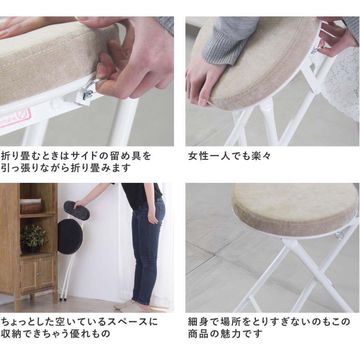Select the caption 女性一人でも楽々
229,156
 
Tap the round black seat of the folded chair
70,237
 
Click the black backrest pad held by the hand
76,210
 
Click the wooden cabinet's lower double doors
37,274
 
